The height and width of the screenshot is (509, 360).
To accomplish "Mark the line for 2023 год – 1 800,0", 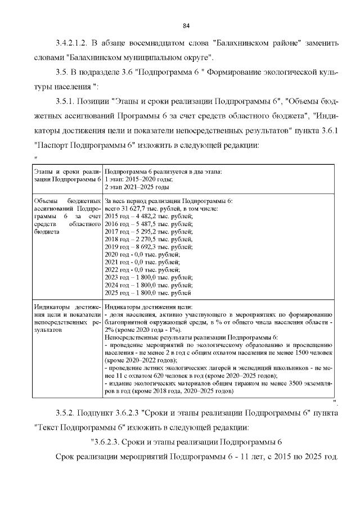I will point(149,277).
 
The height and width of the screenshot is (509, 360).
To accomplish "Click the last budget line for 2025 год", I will point(148,292).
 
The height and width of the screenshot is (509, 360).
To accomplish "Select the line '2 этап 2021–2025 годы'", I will point(137,186).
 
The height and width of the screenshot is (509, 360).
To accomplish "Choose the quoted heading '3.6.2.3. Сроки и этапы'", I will point(186,442).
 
